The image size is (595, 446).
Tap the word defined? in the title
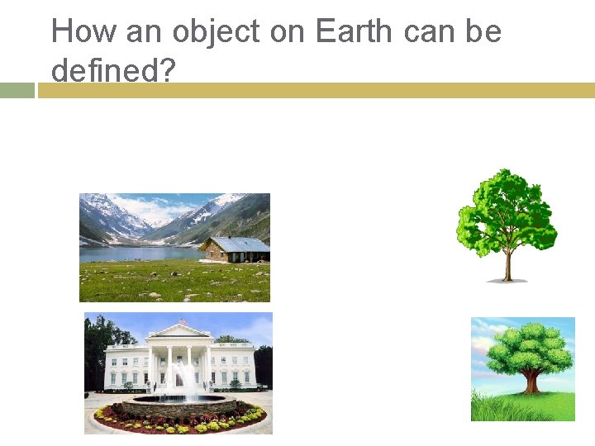point(113,70)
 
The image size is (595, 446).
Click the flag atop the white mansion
point(183,320)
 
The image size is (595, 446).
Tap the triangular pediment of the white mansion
point(178,332)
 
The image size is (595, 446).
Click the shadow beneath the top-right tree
point(507,281)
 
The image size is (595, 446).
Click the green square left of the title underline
point(17,90)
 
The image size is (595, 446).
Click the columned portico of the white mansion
point(178,363)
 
